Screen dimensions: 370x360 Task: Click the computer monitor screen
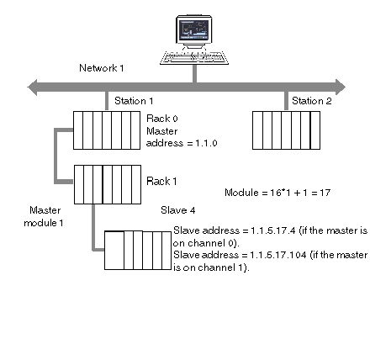(193, 29)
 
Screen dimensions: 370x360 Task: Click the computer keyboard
(194, 57)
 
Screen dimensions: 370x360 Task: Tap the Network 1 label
(102, 68)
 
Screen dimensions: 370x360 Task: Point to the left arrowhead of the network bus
(32, 87)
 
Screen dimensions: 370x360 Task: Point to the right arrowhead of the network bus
(341, 87)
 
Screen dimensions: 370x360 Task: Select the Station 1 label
(134, 101)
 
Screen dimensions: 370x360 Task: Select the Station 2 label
(312, 101)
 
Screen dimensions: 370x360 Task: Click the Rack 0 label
(162, 119)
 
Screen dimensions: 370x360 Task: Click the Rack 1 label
(161, 182)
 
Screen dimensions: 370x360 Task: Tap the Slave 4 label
(178, 210)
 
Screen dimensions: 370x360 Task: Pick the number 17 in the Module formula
(325, 193)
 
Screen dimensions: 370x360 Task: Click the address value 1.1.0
(206, 143)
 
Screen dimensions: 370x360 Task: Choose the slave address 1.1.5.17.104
(278, 255)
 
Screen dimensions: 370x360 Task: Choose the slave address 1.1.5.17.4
(273, 230)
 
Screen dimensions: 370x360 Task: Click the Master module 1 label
(44, 216)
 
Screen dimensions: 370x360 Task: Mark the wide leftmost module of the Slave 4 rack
(114, 251)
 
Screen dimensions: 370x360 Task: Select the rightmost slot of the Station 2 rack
(315, 130)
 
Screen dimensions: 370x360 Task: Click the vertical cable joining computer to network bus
(194, 74)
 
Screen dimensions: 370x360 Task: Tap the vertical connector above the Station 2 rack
(286, 101)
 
